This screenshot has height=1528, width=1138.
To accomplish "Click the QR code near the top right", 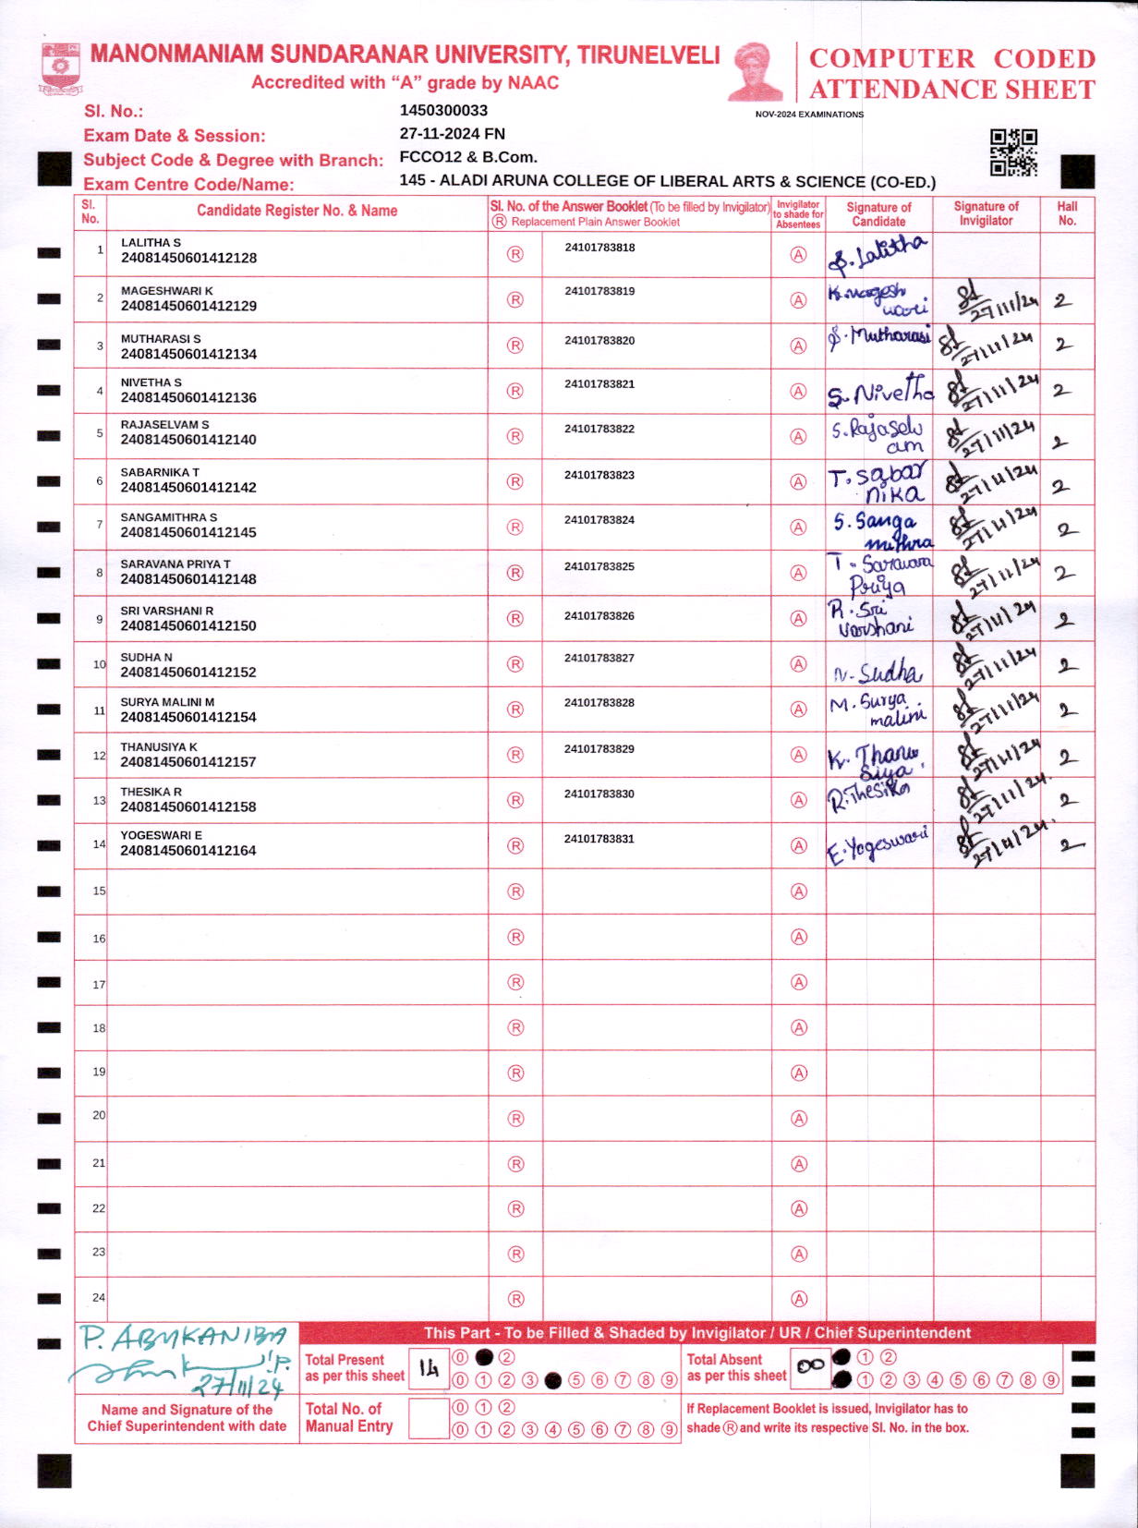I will coord(1013,152).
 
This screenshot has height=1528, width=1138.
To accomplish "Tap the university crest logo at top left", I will coord(61,68).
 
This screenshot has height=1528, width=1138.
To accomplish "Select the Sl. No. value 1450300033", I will coord(443,111).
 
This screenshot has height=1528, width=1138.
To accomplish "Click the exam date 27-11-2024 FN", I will coord(452,134).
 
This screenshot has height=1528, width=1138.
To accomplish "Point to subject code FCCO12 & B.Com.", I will coord(468,157).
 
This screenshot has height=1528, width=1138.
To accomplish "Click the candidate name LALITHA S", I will coord(151,243).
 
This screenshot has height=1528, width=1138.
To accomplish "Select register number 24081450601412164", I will coord(188,851).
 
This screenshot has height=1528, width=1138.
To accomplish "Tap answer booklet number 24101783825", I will coord(599,566).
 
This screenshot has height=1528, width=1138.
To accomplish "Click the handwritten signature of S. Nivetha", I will coord(879,392).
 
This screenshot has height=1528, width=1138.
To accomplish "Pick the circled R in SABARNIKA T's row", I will coord(515,481).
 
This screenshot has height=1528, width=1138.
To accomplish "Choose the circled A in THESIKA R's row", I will coord(799,800).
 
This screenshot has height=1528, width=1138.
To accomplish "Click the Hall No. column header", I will coord(1067,213).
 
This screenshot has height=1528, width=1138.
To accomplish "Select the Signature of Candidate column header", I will coord(878,214).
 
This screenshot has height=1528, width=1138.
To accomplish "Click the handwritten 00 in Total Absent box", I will coord(810,1366).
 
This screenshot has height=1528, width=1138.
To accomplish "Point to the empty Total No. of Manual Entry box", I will coord(428,1418).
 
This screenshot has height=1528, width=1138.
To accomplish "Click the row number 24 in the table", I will coord(99,1298).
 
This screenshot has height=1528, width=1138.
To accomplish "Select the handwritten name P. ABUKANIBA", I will coord(183,1338).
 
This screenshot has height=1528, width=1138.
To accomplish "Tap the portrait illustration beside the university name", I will coord(756,71).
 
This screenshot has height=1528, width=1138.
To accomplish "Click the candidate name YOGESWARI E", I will coord(161,836).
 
